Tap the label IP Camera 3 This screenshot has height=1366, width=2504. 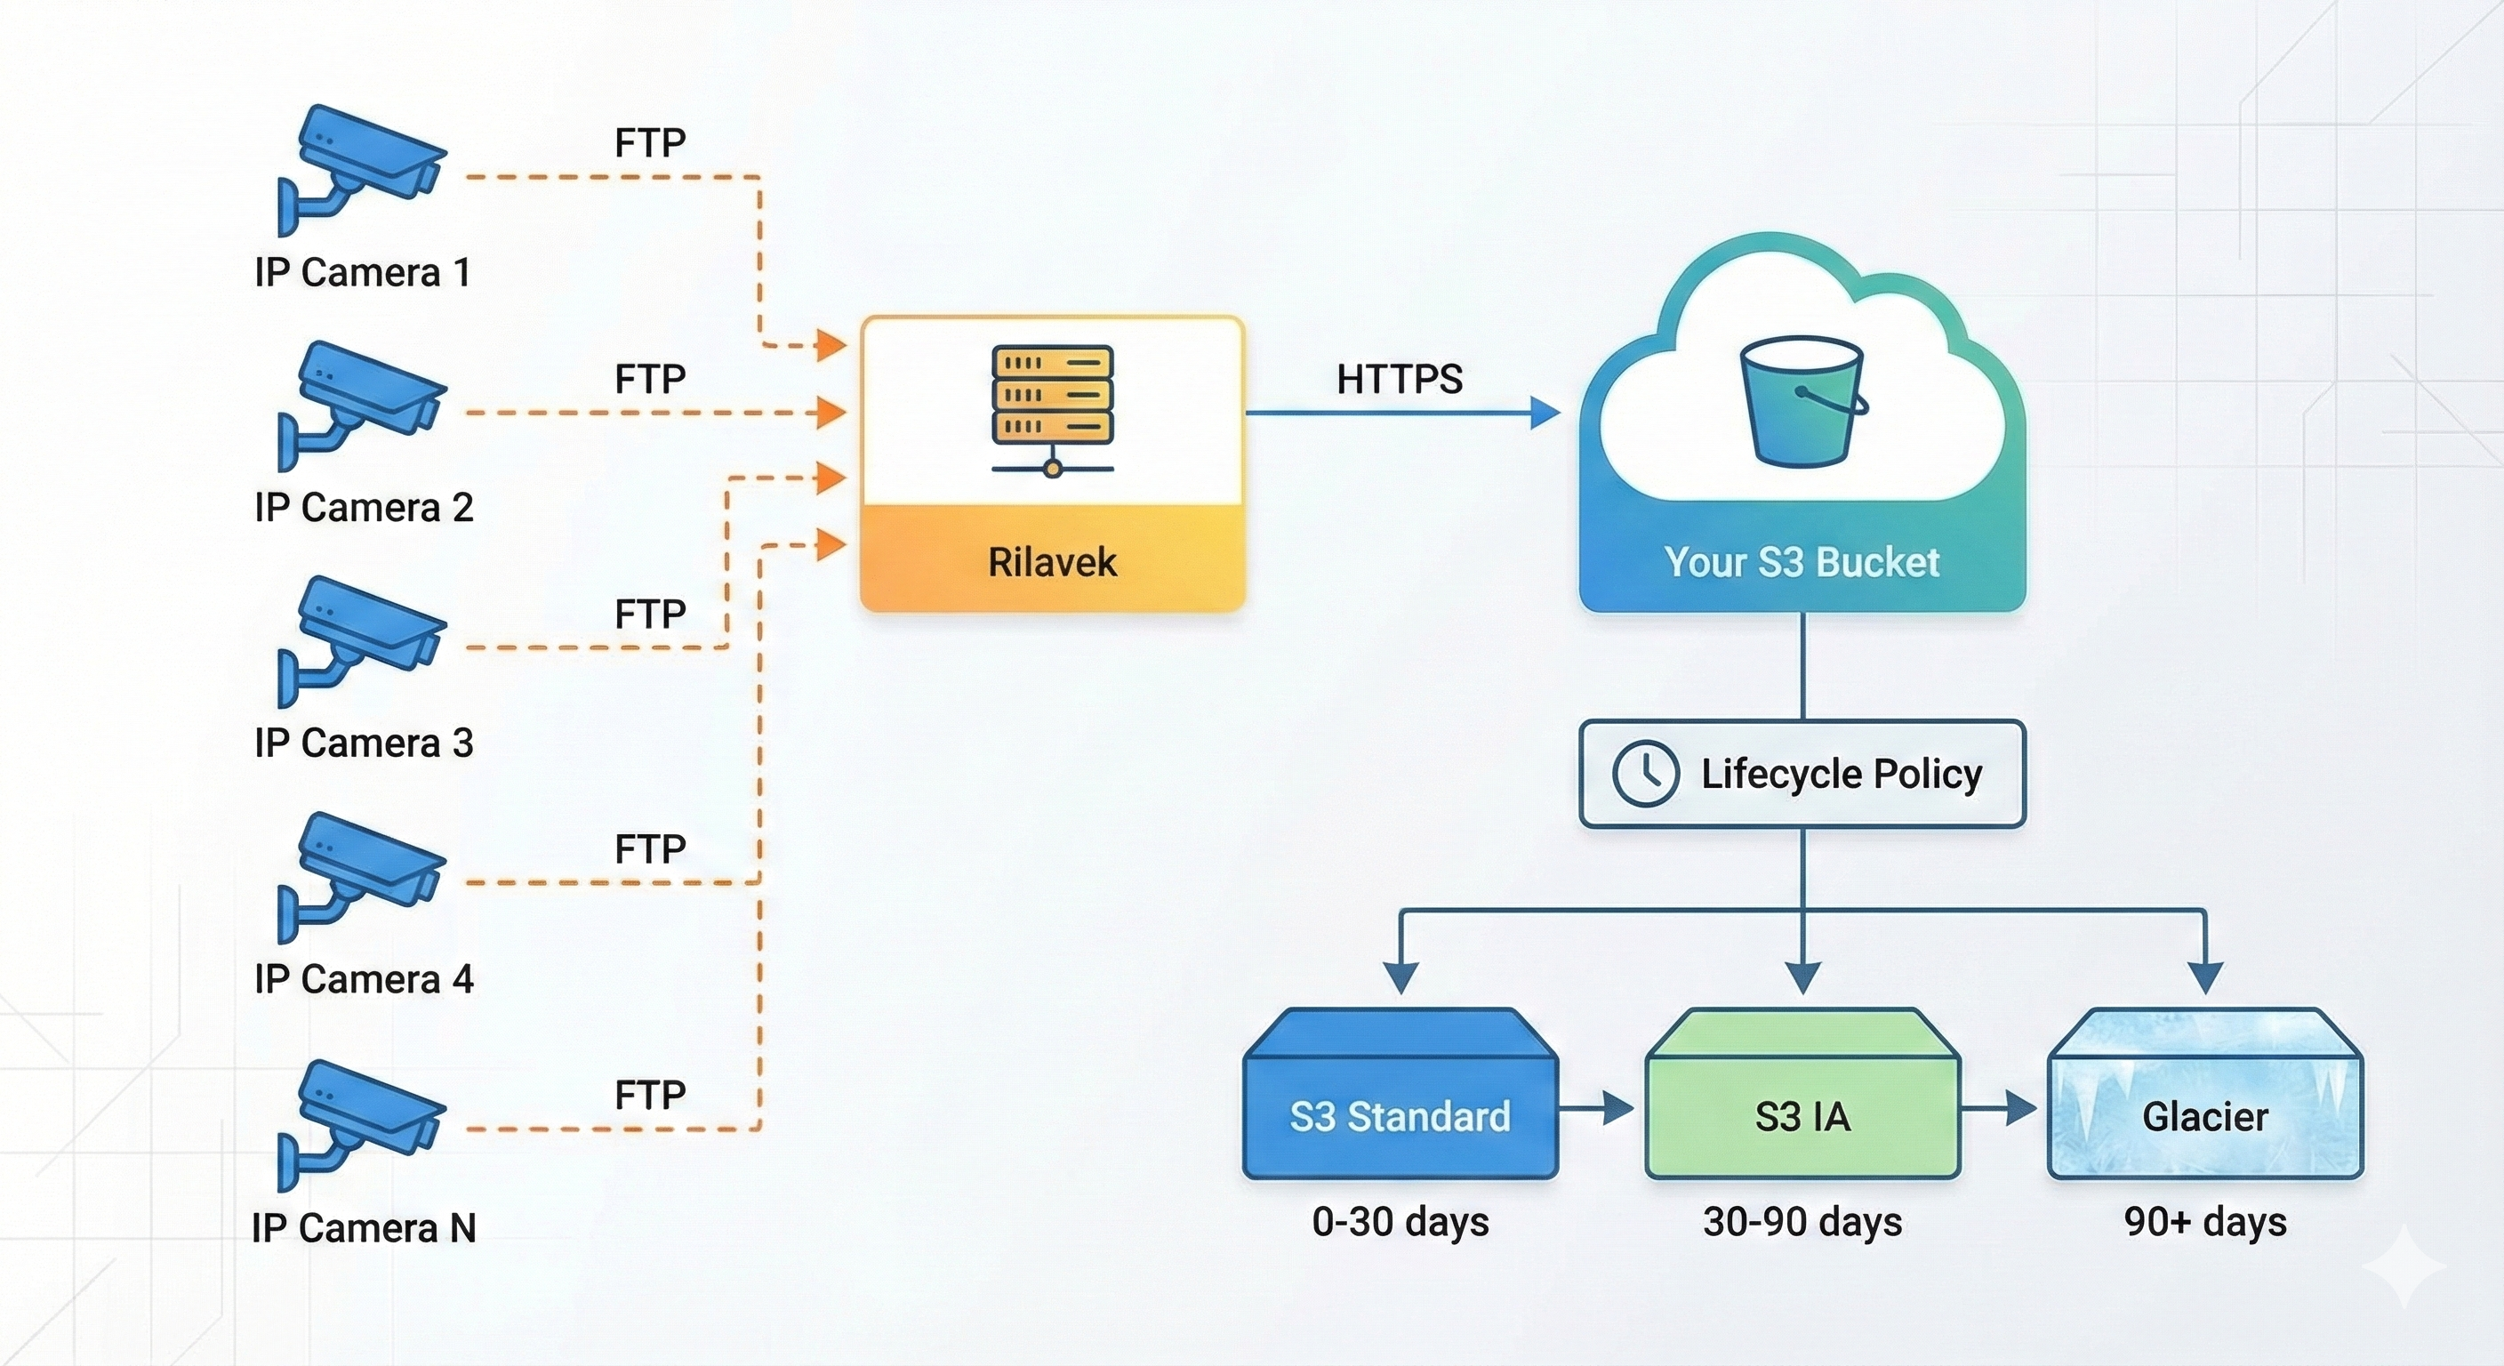pos(364,743)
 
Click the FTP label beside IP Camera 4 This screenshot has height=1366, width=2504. pos(649,849)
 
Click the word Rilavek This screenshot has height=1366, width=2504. pos(1052,562)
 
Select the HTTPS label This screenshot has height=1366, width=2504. pos(1399,379)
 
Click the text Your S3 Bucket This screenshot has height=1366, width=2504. pos(1802,562)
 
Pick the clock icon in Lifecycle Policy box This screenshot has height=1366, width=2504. pos(1645,774)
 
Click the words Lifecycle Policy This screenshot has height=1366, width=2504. pos(1840,774)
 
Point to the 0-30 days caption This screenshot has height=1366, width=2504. pos(1400,1222)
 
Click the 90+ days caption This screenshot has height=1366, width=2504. pos(2204,1222)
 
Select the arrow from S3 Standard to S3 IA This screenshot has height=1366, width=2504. pos(1599,1107)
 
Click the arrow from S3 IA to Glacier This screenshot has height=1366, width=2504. pos(2002,1107)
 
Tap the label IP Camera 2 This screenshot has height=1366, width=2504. pos(364,508)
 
